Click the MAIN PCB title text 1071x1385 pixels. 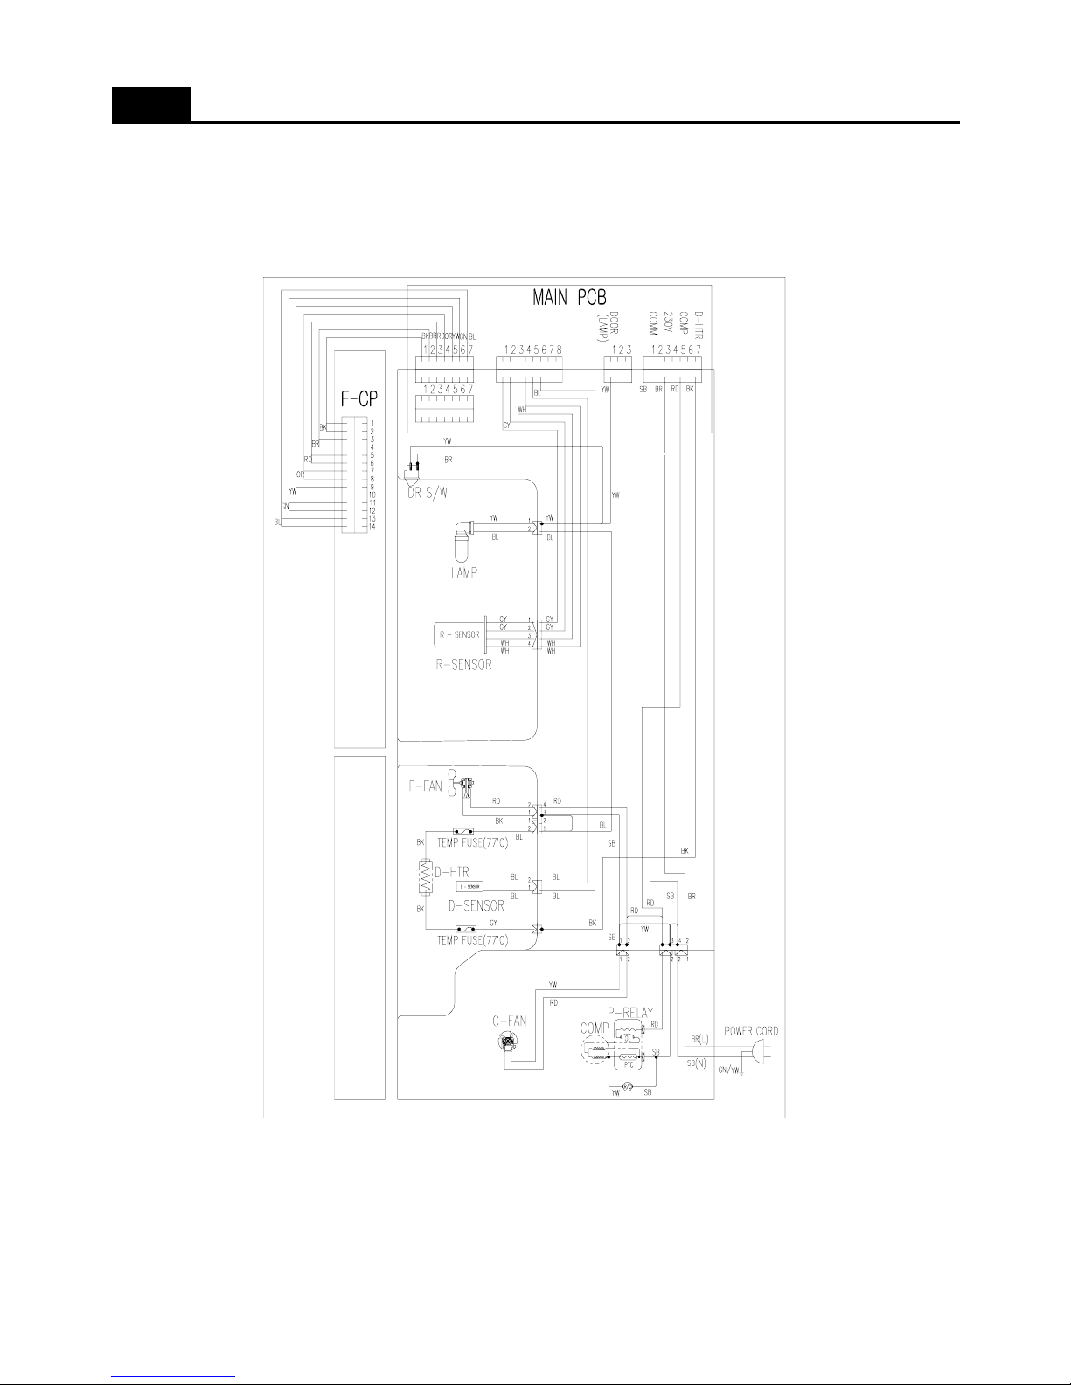click(x=569, y=298)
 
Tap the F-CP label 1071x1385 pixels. click(x=358, y=399)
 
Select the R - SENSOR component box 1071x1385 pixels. click(x=459, y=634)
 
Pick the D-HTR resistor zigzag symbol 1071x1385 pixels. click(x=426, y=876)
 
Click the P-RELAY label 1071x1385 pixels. click(x=630, y=1013)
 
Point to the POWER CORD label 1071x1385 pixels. click(x=751, y=1031)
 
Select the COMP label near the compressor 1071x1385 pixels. click(x=595, y=1029)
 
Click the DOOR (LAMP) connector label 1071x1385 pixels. click(x=619, y=327)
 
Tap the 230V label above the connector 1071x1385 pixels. click(x=668, y=326)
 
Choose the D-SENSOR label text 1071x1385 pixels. click(x=476, y=906)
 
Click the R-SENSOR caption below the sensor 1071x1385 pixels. click(x=463, y=665)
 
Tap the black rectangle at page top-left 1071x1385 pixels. click(x=151, y=105)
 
